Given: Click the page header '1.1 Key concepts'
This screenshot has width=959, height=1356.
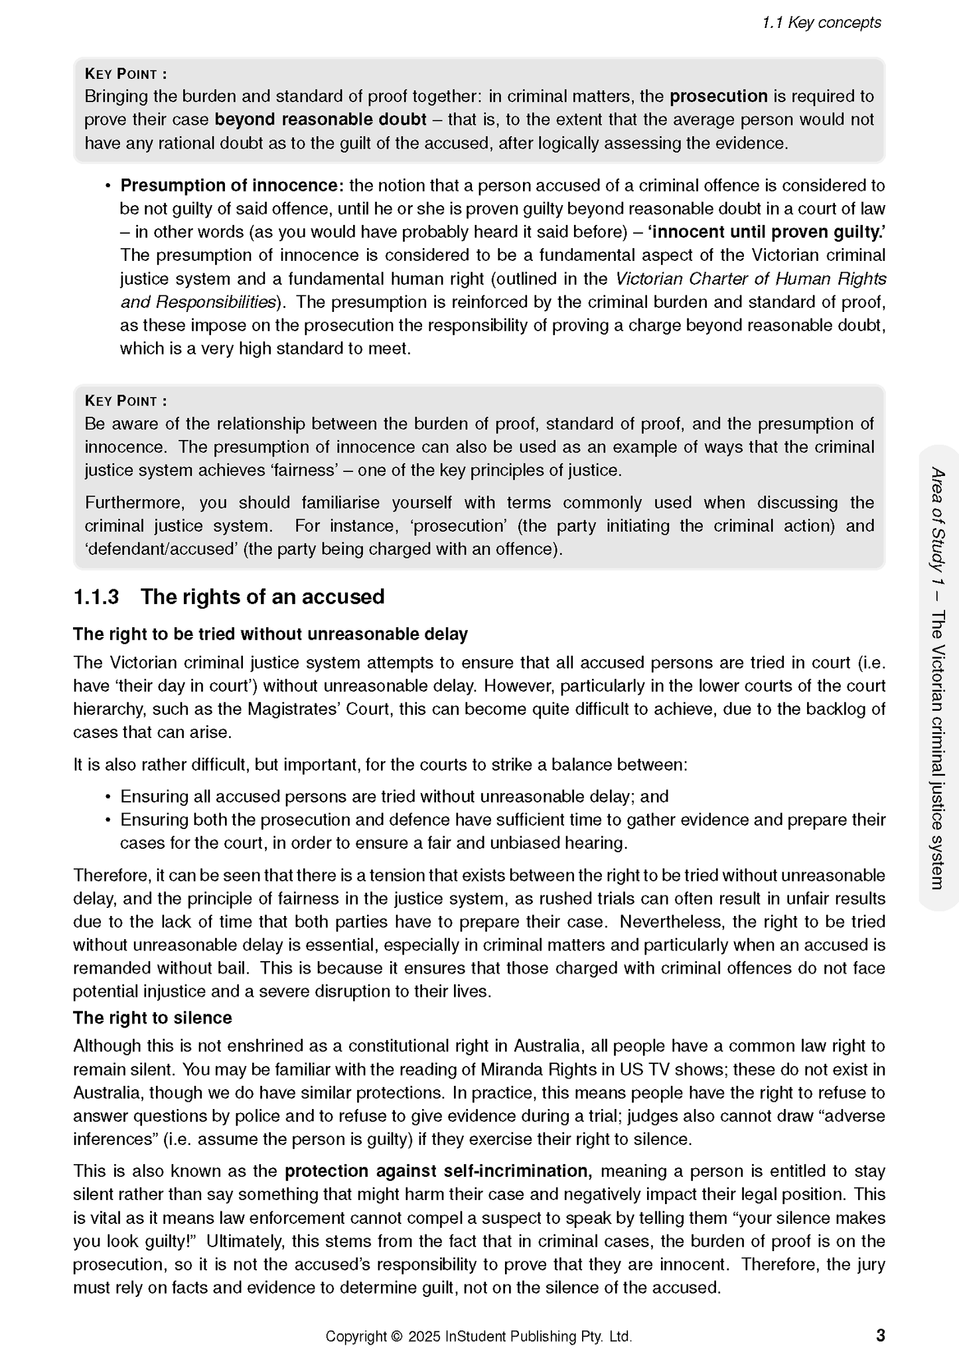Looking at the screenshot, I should pos(821,23).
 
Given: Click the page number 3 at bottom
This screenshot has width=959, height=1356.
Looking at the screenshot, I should pos(880,1335).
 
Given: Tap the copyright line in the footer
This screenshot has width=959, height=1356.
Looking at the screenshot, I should pos(478,1336).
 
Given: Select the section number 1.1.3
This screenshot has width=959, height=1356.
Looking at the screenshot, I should pos(96,597).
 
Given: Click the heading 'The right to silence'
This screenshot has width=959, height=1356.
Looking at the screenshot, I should pos(153,1017).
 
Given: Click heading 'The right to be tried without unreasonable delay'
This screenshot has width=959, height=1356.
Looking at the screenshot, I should pos(270,634).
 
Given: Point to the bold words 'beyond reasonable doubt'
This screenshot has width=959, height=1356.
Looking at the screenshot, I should pos(321,119).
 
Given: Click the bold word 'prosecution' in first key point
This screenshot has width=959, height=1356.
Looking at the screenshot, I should pos(718,96).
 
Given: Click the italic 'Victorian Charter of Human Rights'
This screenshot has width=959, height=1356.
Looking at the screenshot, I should pos(751,279).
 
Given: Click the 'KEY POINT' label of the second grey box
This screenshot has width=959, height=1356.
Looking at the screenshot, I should pos(126,401).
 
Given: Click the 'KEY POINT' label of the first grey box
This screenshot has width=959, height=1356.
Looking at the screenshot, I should pos(126,74).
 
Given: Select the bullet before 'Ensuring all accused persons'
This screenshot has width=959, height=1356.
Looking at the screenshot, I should pos(107,797).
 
